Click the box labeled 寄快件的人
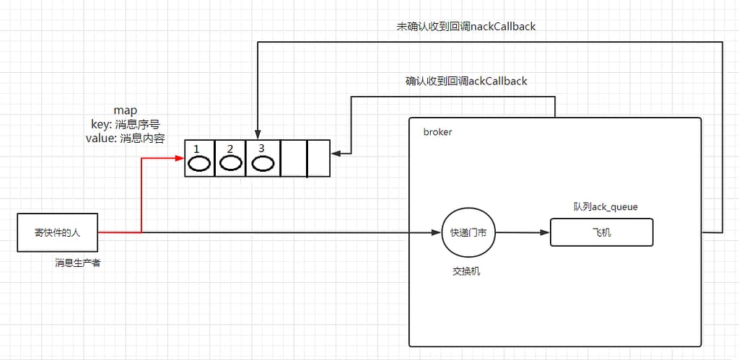58,232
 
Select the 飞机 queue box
601,233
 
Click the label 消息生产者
77,263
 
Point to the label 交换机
466,271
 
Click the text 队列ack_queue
601,207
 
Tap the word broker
437,133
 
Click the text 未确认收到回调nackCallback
466,27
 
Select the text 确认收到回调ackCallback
466,81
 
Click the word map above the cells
125,110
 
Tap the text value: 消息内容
125,138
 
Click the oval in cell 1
198,163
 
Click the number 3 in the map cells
261,148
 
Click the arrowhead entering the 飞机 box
545,233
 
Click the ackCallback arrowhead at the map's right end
336,153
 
